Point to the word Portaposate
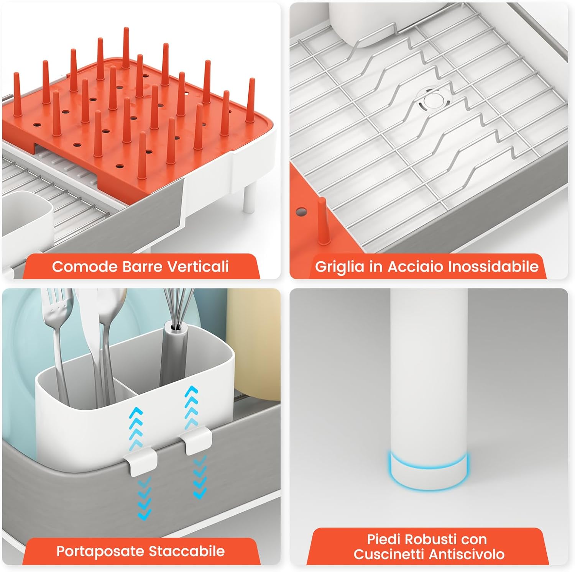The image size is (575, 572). coord(100,551)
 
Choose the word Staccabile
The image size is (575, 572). coord(187,551)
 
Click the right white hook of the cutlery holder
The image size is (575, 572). coord(198,441)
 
